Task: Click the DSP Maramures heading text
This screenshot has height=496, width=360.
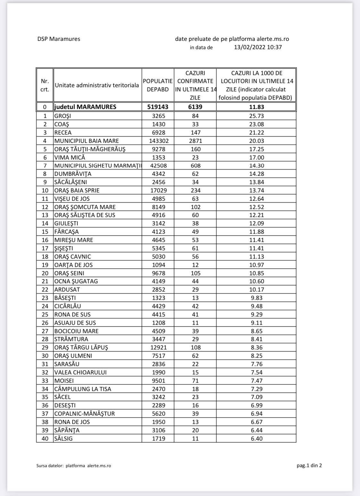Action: (x=59, y=39)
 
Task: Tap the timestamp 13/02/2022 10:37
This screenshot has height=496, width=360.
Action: (x=258, y=47)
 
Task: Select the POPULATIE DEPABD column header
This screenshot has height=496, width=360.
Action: (x=158, y=85)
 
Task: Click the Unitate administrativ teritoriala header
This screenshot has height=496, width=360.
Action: (x=97, y=85)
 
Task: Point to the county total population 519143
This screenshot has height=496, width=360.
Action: (x=158, y=107)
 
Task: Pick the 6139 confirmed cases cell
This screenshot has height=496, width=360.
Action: (x=195, y=107)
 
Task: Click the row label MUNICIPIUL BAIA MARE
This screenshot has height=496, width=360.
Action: (x=86, y=141)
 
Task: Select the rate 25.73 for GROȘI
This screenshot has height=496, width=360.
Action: (x=256, y=116)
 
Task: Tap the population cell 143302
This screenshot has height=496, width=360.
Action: (x=158, y=141)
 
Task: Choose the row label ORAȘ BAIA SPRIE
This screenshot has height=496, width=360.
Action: (x=77, y=190)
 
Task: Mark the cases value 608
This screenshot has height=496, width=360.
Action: (x=195, y=166)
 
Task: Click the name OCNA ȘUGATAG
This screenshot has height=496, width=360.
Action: (x=76, y=281)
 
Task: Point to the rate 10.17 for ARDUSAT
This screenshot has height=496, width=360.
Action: (x=256, y=290)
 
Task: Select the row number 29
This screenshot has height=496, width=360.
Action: (x=45, y=348)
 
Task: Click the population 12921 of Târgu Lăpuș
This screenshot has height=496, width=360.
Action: (x=158, y=348)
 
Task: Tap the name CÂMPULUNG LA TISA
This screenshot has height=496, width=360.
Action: (x=83, y=389)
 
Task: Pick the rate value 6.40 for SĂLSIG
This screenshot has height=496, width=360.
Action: (x=256, y=439)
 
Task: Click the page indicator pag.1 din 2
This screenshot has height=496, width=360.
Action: (x=309, y=465)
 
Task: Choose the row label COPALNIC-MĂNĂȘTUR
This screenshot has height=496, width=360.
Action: (x=84, y=414)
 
